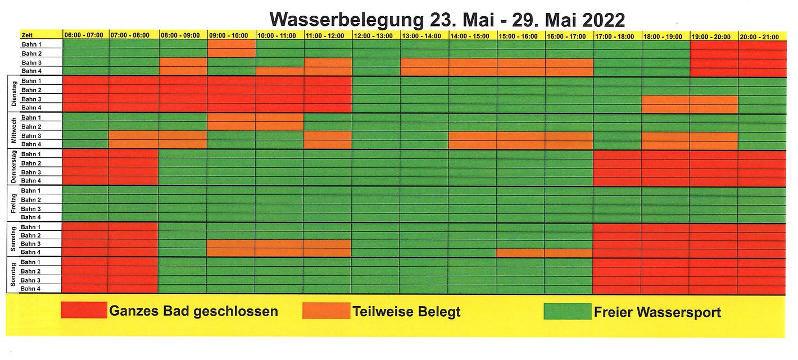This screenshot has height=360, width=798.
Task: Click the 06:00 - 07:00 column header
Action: pyautogui.click(x=84, y=36)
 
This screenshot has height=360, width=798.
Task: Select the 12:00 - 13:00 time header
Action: pyautogui.click(x=376, y=36)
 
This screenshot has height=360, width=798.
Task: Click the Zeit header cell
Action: pyautogui.click(x=41, y=35)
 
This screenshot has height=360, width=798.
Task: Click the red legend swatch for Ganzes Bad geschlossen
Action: pyautogui.click(x=84, y=310)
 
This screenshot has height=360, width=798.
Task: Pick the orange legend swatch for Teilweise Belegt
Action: pyautogui.click(x=325, y=310)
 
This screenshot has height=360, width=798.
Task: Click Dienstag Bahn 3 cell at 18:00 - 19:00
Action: pyautogui.click(x=665, y=99)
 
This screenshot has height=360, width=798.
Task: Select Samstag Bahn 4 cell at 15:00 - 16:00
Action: pyautogui.click(x=520, y=252)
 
